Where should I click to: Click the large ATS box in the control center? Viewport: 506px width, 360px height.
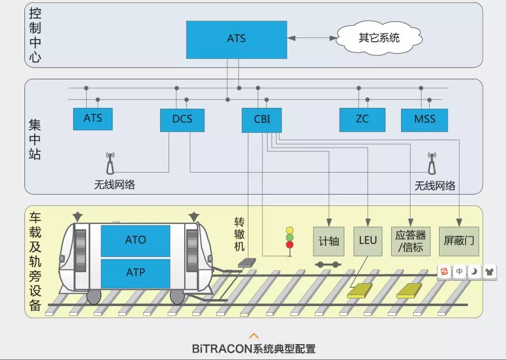[236, 39]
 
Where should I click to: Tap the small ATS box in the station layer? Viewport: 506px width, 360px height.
[93, 119]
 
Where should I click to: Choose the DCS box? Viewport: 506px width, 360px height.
[182, 120]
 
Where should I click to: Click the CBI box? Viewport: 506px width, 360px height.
[262, 120]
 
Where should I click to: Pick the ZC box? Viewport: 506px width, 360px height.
[362, 120]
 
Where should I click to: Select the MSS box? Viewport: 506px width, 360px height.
[424, 120]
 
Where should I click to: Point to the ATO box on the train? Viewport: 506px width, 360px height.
[135, 240]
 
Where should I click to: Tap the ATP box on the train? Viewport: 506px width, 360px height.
[135, 272]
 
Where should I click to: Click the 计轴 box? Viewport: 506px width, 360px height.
[328, 241]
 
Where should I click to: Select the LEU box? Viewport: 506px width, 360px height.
[368, 241]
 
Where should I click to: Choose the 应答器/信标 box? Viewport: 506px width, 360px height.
[410, 241]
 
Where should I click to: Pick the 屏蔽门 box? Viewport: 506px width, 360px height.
[459, 241]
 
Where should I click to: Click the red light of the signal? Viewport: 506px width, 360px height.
[290, 244]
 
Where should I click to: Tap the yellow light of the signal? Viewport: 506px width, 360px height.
[290, 230]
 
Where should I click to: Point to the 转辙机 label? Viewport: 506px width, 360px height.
[239, 234]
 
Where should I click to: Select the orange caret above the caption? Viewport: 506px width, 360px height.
[253, 336]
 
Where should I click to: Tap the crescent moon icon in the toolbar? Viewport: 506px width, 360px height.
[474, 271]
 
